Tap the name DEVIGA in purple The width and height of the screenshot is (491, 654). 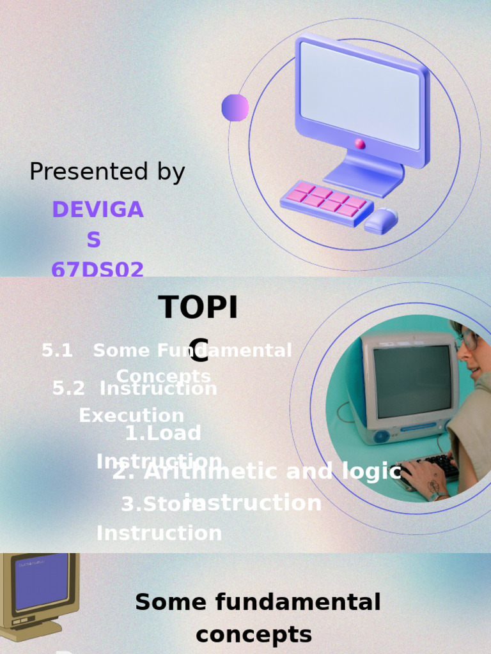click(98, 209)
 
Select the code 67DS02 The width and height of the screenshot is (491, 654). click(98, 270)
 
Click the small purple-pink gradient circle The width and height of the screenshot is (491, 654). click(235, 108)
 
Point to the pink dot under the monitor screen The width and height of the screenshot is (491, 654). click(361, 144)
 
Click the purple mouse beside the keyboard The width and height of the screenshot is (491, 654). click(381, 221)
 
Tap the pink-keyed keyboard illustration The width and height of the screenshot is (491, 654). click(327, 201)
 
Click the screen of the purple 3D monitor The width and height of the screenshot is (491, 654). click(361, 94)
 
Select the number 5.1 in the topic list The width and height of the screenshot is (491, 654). click(57, 351)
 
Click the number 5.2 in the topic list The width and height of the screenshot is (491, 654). click(68, 388)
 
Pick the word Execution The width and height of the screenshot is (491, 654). click(131, 416)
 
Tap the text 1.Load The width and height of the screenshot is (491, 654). click(163, 433)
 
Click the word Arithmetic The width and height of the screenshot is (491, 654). click(204, 472)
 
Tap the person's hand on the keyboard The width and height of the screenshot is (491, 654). click(426, 478)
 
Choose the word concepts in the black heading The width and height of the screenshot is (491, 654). click(254, 635)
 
